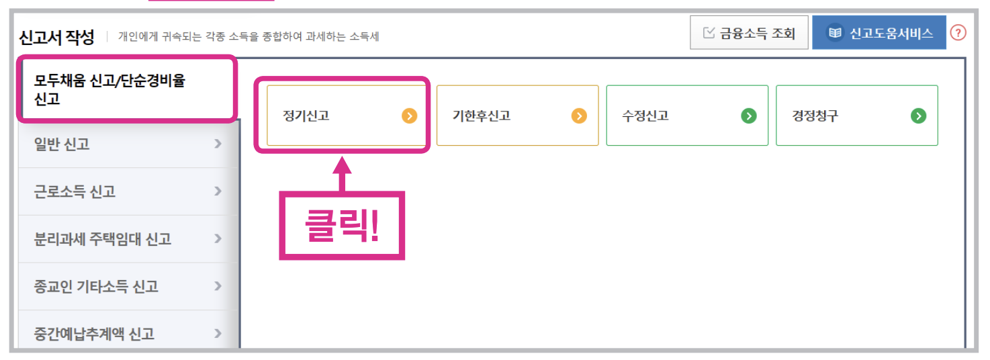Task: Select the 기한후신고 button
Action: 517,116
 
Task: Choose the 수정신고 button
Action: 686,116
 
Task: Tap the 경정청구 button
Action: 856,116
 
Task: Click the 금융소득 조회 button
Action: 749,33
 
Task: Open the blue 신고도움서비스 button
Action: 879,33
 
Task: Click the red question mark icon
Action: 958,32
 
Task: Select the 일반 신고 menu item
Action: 128,144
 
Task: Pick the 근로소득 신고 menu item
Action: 128,191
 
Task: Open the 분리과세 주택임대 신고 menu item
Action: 128,239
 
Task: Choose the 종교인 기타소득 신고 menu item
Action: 128,287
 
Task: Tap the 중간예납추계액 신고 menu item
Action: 128,333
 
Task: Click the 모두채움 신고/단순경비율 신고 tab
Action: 127,90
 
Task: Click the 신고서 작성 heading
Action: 57,37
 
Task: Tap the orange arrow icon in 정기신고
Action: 410,116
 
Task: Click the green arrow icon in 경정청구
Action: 918,116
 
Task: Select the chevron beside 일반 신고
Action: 218,143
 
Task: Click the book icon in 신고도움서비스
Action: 835,33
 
